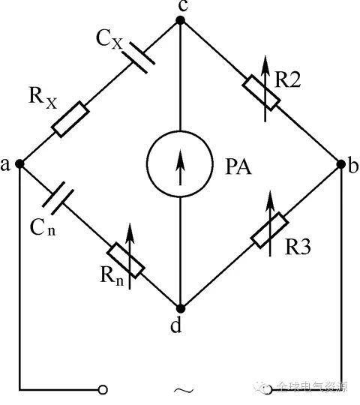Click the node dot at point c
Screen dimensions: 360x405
(180, 20)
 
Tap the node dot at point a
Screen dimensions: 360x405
(19, 163)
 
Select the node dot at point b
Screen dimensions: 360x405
(341, 163)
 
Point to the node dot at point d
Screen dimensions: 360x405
(181, 308)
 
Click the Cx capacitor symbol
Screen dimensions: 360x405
(139, 57)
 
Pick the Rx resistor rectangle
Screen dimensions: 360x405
(70, 119)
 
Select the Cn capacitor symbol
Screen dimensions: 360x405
(58, 198)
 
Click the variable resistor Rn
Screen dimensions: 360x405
(126, 260)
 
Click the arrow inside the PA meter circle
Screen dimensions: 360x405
(180, 168)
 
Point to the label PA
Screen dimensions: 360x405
(238, 166)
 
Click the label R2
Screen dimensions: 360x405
(288, 79)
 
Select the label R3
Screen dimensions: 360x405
(298, 247)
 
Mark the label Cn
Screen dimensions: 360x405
(43, 227)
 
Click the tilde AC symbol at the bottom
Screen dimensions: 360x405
(183, 390)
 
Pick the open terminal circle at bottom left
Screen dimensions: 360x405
(103, 389)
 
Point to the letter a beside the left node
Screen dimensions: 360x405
(5, 164)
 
